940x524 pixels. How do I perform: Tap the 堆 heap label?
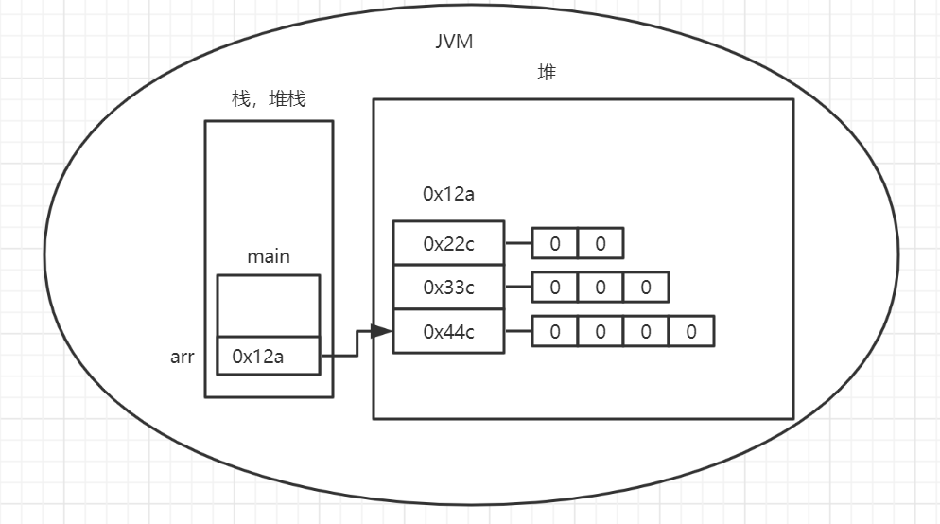547,73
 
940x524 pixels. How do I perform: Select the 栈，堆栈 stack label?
269,99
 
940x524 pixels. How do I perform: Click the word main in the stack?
269,256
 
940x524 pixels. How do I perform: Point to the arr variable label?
183,357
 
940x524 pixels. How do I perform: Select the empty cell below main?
269,305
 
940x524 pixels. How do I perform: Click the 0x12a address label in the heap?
448,194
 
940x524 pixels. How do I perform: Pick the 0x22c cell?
448,243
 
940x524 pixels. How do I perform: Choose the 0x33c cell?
448,288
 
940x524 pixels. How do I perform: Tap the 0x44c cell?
448,332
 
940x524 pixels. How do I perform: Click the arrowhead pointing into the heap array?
381,332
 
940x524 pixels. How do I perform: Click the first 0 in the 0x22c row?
555,243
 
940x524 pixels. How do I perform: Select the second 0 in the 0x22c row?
601,243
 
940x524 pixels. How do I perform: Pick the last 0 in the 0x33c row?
646,288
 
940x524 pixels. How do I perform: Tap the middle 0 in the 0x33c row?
601,288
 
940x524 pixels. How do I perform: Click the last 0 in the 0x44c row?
691,332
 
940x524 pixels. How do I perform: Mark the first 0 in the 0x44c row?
555,332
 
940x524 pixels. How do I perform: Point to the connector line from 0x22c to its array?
518,243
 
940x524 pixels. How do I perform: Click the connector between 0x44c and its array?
518,332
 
